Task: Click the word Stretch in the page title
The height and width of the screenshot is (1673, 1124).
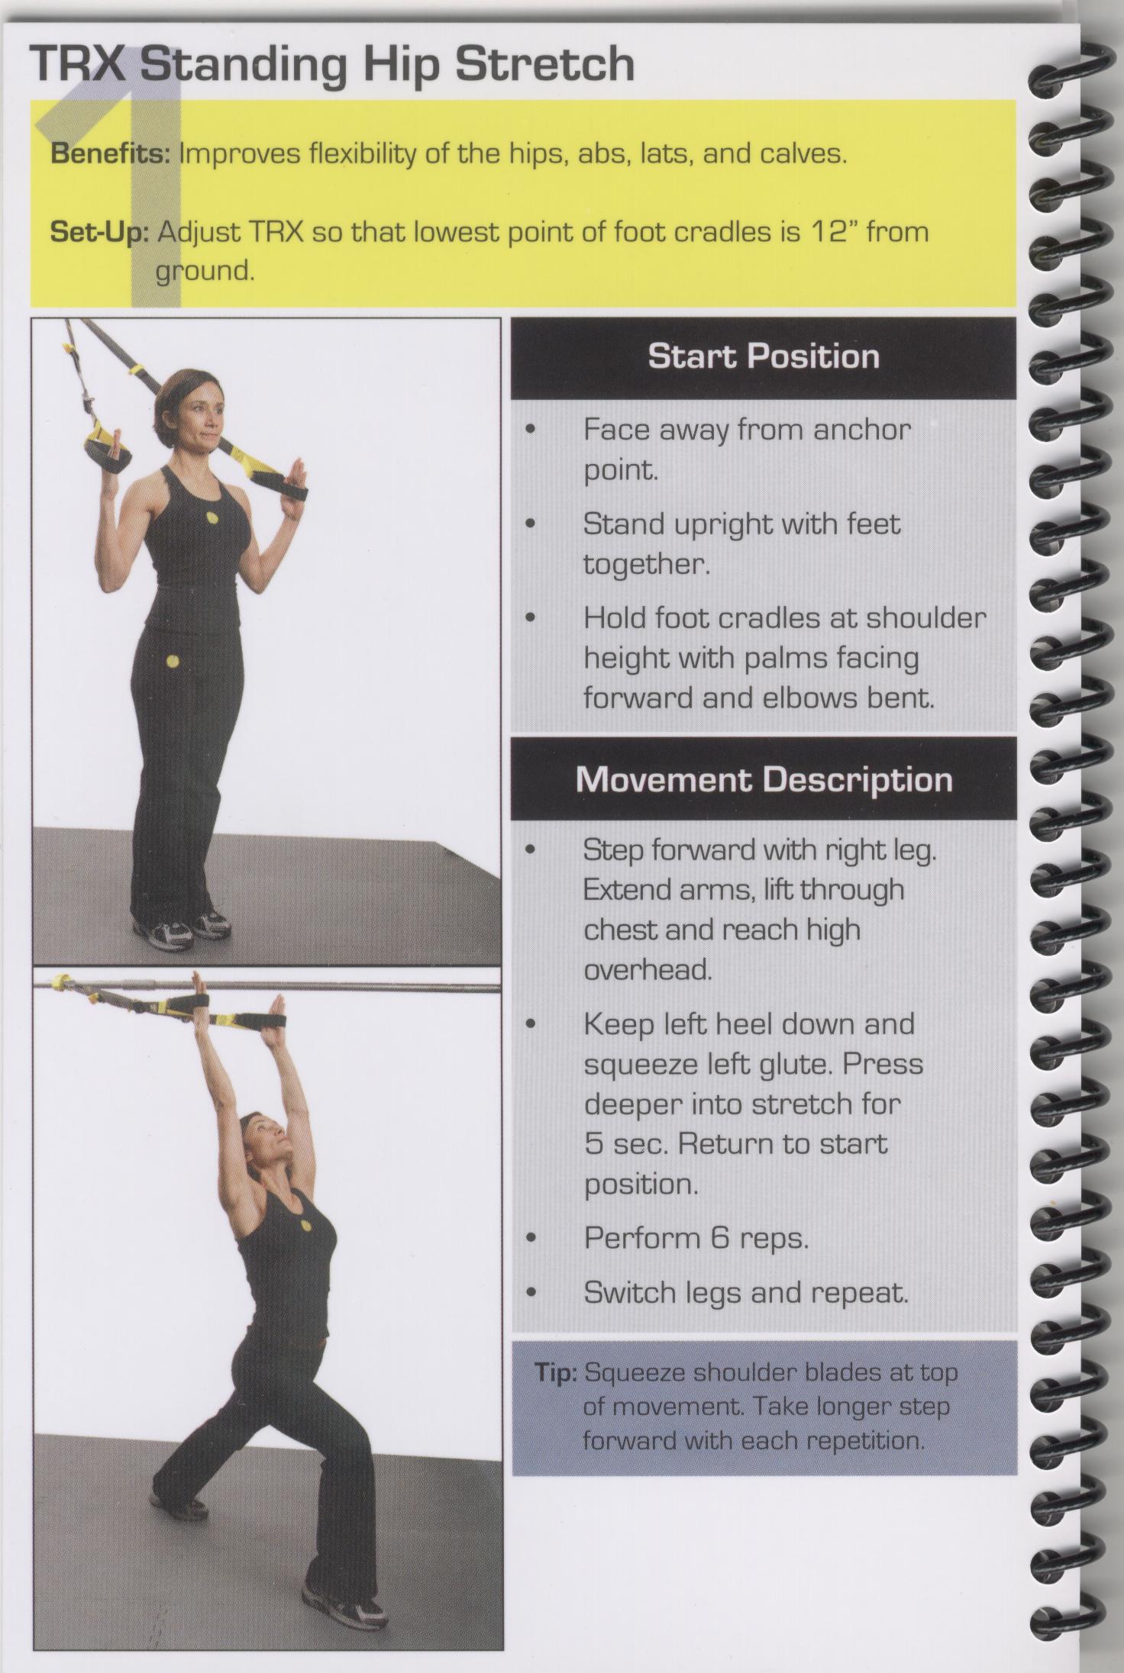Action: (x=544, y=65)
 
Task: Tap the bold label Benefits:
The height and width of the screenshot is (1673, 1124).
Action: (x=109, y=154)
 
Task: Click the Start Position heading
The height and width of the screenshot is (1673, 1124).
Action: (x=764, y=357)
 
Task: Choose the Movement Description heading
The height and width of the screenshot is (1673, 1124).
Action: (x=764, y=780)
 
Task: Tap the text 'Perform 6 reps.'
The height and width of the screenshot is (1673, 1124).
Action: (x=696, y=1238)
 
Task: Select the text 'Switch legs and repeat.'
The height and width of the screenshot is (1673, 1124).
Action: (x=746, y=1293)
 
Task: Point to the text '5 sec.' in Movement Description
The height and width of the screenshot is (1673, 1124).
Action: (x=627, y=1144)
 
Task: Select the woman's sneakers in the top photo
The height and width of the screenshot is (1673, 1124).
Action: (x=182, y=927)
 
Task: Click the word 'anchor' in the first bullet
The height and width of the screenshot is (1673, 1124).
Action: (x=862, y=430)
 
